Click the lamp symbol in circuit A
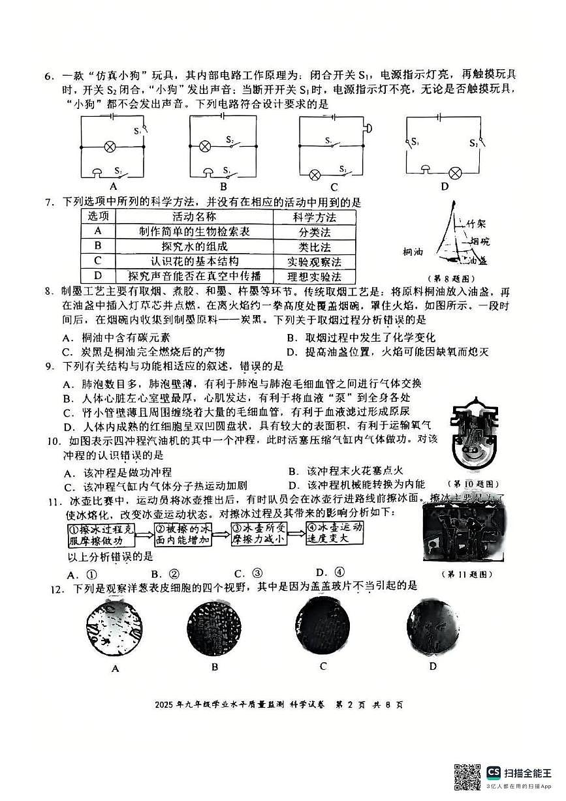(x=112, y=146)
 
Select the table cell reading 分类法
(x=315, y=232)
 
